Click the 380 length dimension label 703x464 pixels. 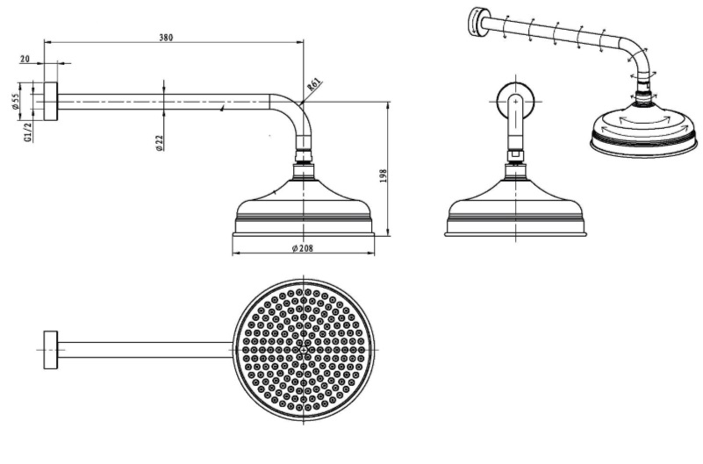click(166, 38)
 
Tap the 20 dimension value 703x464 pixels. click(25, 59)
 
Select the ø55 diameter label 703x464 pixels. click(16, 102)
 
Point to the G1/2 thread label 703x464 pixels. click(28, 132)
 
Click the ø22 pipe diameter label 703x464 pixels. click(160, 142)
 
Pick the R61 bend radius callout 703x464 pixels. click(314, 84)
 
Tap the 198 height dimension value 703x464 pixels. click(383, 175)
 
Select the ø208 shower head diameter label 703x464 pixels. click(303, 248)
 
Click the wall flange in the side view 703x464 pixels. click(51, 102)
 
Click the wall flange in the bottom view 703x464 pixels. click(51, 350)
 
